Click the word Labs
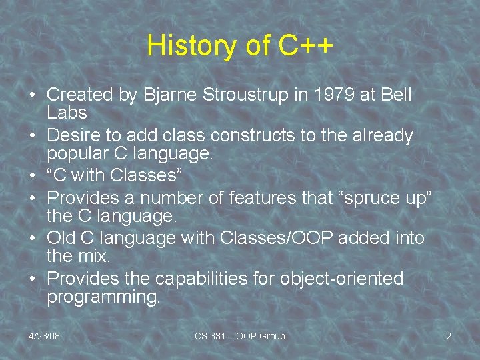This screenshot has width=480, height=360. click(67, 113)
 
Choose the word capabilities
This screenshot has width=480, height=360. click(191, 278)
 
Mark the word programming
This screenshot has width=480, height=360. click(103, 296)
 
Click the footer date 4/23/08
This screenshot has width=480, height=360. click(44, 336)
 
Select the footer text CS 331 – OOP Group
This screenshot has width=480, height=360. click(239, 336)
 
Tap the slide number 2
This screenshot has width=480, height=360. click(448, 336)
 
